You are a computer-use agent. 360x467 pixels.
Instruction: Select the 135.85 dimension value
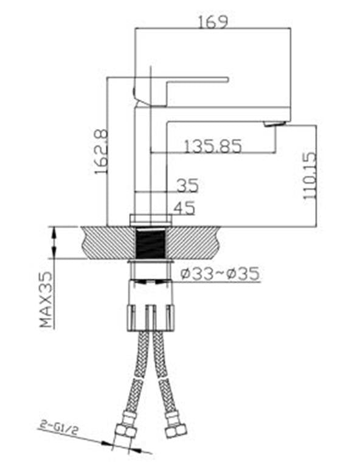212,146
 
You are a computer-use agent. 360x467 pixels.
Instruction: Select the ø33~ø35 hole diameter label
220,274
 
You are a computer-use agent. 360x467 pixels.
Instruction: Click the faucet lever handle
182,80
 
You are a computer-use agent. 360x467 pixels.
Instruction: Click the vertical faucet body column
150,164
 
